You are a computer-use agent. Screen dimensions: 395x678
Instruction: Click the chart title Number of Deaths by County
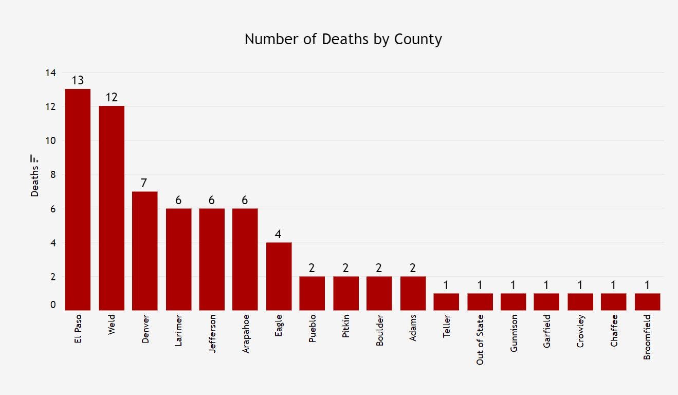pos(343,39)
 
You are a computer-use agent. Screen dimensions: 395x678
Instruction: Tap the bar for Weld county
pos(112,208)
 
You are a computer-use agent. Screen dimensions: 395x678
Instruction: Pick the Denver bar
pos(145,250)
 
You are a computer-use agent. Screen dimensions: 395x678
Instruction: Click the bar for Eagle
pos(279,276)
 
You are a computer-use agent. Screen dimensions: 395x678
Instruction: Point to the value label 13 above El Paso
pos(78,81)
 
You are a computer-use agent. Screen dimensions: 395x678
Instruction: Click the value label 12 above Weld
pos(112,98)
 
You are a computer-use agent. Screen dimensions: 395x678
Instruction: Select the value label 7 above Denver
pos(145,183)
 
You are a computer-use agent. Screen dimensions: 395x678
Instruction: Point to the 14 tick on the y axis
pos(50,73)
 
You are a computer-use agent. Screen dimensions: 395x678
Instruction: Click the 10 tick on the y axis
pos(50,140)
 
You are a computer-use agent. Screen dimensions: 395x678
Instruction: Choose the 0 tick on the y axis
pos(53,305)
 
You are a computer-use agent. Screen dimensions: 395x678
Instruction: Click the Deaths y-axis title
pos(34,181)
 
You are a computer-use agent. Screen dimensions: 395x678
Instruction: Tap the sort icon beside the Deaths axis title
pos(34,158)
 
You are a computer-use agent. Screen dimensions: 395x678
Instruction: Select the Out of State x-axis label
pos(480,339)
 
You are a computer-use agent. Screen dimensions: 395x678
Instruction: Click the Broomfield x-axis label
pos(647,337)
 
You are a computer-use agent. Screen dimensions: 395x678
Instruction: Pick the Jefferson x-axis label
pos(212,333)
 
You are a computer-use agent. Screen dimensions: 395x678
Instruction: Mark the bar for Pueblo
pos(312,293)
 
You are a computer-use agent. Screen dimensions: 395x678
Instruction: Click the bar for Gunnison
pos(514,302)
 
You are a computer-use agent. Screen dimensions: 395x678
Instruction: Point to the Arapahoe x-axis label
pos(246,334)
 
